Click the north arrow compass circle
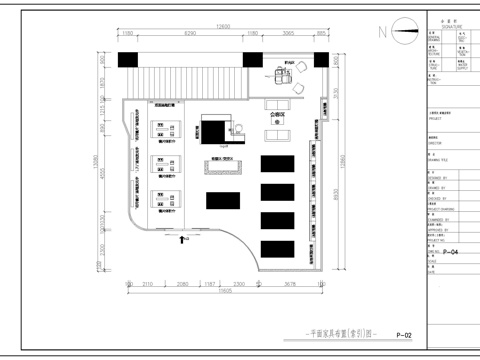coord(398,31)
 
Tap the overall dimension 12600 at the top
coord(223,27)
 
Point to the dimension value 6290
coord(189,35)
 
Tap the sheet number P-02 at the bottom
coord(404,335)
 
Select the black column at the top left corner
coord(129,60)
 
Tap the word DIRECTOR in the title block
coord(437,144)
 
